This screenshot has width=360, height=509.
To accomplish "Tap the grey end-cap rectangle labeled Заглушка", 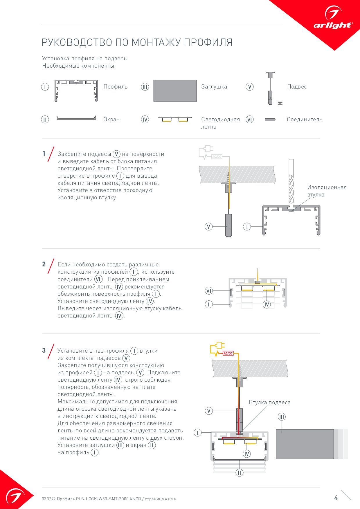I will [x=175, y=91].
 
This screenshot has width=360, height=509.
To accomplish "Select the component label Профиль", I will [x=116, y=87].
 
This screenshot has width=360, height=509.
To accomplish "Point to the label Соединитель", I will [x=304, y=120].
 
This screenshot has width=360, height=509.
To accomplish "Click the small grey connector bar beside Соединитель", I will [x=270, y=119].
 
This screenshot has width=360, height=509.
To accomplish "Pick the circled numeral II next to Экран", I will [x=45, y=120].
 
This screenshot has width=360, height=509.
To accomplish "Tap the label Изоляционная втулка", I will [x=327, y=191].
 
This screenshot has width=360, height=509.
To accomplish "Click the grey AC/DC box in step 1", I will [x=217, y=157].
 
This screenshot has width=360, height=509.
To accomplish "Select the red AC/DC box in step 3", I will [x=228, y=353].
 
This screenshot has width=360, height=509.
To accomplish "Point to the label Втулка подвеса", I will [x=269, y=402].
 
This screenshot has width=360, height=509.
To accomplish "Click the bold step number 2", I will [x=44, y=264].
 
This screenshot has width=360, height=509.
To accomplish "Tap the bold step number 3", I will [x=44, y=350].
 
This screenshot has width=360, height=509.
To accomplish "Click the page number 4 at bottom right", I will [x=336, y=498].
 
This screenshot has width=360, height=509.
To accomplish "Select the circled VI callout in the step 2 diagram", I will [x=208, y=290].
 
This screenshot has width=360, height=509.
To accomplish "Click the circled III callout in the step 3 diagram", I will [x=281, y=417].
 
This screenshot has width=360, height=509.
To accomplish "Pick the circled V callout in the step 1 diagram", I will [x=208, y=226].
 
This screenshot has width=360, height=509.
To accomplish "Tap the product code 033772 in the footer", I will [x=48, y=499].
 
